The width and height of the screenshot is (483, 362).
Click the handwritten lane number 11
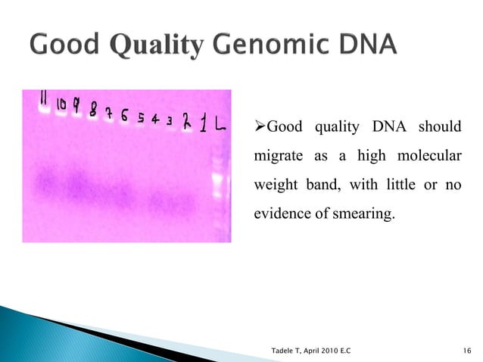click(44, 101)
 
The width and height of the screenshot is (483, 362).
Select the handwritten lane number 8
click(93, 111)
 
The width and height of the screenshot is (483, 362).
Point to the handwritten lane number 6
click(123, 117)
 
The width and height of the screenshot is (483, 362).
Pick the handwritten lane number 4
click(154, 120)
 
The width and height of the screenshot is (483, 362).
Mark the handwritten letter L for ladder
click(219, 126)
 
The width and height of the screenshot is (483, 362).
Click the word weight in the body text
click(271, 186)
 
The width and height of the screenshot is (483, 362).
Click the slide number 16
click(465, 350)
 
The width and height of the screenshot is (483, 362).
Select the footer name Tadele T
click(289, 350)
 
